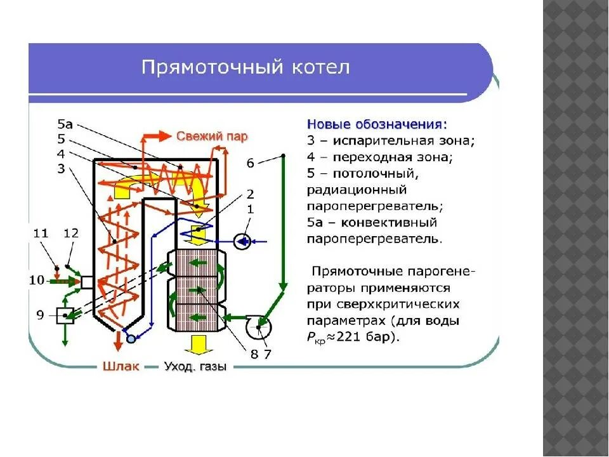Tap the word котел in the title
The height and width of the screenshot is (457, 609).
323,68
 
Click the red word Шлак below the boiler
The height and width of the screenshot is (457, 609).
118,367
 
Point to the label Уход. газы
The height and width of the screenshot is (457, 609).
195,367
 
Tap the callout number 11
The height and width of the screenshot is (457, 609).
41,234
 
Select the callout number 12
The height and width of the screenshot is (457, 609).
70,234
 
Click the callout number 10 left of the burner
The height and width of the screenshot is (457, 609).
37,280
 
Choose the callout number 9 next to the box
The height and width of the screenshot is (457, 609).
40,314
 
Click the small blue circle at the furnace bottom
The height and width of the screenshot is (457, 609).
131,339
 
